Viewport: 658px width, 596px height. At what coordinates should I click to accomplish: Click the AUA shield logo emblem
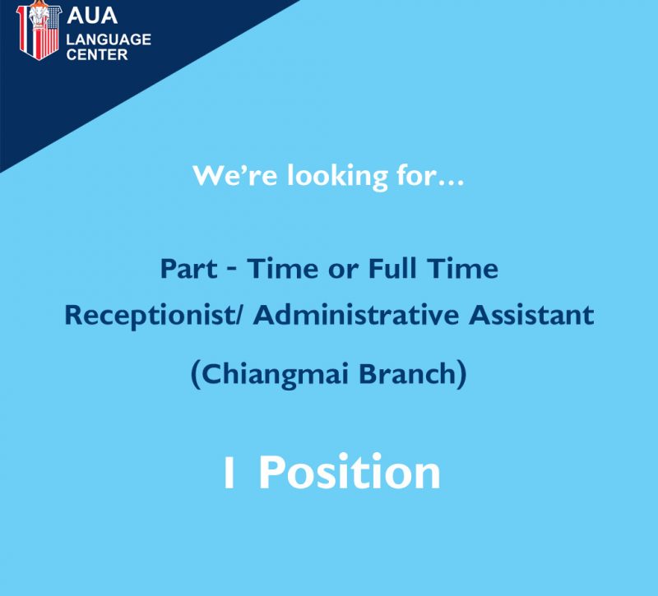(x=39, y=30)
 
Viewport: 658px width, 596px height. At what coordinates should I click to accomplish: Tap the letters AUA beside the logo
(x=92, y=16)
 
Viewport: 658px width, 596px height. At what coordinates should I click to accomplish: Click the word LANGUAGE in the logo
(x=109, y=39)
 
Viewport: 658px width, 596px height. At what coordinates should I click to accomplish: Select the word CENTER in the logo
(x=97, y=54)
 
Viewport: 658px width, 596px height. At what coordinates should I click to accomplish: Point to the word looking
(x=337, y=176)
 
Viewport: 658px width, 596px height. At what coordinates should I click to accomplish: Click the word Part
(x=188, y=269)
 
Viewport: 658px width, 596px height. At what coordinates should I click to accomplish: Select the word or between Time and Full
(x=343, y=270)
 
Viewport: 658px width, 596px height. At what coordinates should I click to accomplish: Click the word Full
(x=392, y=268)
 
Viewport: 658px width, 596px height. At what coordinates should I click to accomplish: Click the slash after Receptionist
(x=239, y=315)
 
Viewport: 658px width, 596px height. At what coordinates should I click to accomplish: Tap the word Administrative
(x=355, y=314)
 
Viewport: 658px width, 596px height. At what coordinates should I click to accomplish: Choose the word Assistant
(x=531, y=315)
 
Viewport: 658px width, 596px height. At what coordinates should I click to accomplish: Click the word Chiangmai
(x=275, y=374)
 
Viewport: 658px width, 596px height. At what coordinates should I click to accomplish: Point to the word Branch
(x=407, y=373)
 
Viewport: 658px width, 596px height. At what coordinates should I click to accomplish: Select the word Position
(x=350, y=471)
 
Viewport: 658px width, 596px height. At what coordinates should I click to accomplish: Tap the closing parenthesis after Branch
(x=461, y=374)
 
